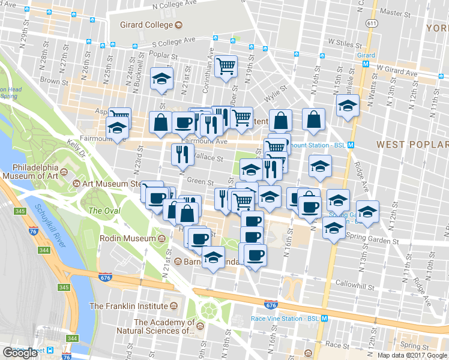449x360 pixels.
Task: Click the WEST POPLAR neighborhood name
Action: click(x=412, y=145)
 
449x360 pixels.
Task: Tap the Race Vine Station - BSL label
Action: click(x=285, y=319)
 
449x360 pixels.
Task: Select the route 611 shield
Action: click(x=373, y=23)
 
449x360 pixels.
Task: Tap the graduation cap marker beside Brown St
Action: click(x=161, y=80)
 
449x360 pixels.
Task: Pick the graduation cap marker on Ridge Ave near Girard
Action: click(x=348, y=106)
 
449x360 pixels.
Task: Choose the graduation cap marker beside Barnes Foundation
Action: click(x=212, y=257)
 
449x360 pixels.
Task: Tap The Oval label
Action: click(x=104, y=211)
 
